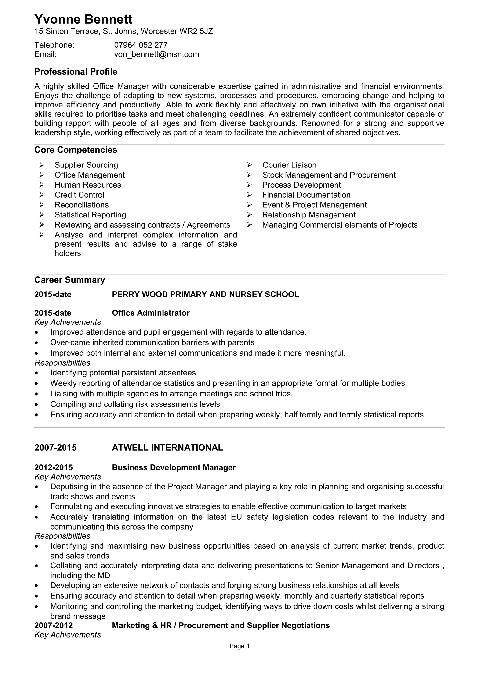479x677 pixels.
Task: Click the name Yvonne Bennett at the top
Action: (83, 19)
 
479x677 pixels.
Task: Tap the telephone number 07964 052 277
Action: (141, 45)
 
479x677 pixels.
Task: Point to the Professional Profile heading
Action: (76, 72)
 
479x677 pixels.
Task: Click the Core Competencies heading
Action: (76, 150)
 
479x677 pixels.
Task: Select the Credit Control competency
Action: (79, 195)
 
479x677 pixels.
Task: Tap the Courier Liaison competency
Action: (289, 165)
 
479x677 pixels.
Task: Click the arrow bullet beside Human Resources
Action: (42, 185)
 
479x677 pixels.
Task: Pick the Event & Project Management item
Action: (314, 205)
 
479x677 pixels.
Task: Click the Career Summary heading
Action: (70, 280)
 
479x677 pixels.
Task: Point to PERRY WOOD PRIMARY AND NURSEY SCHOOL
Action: (205, 294)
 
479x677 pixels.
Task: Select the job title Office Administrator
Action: (151, 313)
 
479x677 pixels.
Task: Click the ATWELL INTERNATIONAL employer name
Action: (167, 448)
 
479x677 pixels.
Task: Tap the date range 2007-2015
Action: (55, 448)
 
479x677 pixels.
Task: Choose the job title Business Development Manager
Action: (174, 468)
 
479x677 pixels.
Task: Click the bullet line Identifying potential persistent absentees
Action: (123, 373)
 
